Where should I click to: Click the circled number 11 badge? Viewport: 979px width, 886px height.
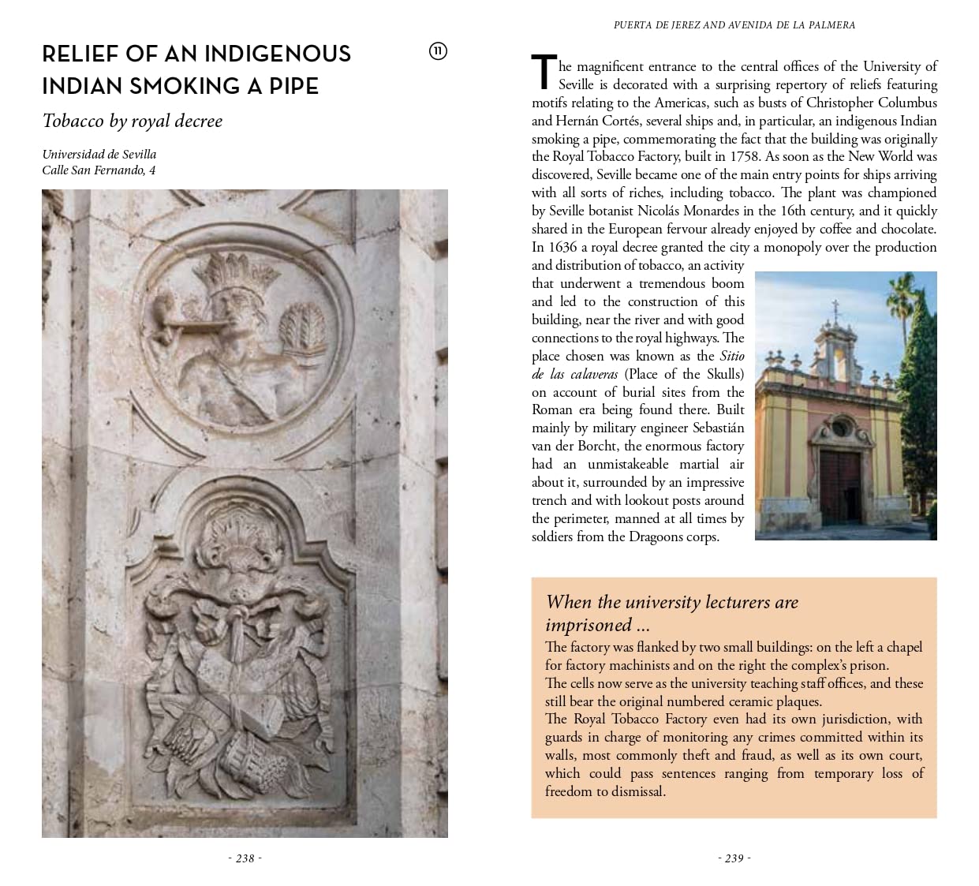(x=438, y=51)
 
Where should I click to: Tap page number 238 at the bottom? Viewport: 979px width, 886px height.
(x=245, y=858)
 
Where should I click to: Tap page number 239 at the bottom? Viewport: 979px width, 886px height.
(x=734, y=858)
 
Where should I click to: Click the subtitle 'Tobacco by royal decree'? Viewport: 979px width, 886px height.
(x=133, y=121)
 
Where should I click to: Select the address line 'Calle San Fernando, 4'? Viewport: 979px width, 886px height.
(x=99, y=170)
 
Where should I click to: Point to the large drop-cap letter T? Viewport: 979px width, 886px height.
(x=544, y=73)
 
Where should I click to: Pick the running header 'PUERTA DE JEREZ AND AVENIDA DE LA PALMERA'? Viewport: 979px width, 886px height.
(x=734, y=25)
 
